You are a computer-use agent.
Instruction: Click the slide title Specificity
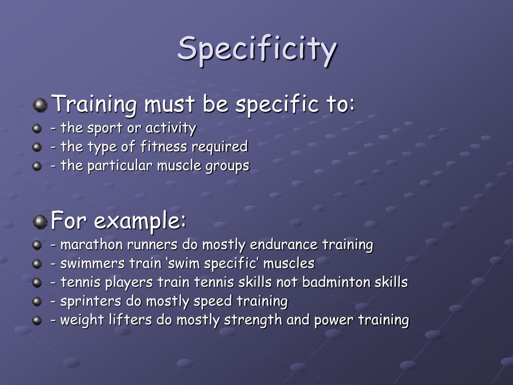[x=257, y=49]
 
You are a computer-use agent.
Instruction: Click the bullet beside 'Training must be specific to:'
[x=40, y=105]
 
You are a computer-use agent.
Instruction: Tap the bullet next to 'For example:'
[x=40, y=221]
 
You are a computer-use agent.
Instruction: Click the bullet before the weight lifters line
[x=37, y=320]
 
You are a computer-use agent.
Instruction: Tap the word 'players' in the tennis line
[x=129, y=282]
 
